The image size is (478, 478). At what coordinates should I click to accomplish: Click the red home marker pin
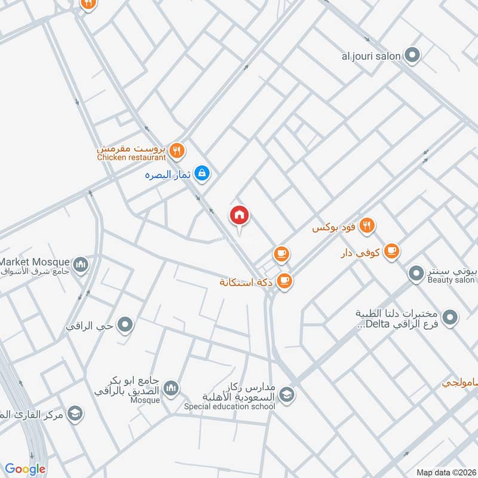240,216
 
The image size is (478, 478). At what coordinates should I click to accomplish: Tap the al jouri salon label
370,56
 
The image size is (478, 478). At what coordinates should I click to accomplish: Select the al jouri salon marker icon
412,56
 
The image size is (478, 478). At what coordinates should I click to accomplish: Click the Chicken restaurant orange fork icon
176,151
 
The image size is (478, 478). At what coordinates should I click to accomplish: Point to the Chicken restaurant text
131,158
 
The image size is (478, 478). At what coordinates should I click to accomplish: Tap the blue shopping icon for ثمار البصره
203,173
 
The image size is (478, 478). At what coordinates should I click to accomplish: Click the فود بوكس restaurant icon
367,226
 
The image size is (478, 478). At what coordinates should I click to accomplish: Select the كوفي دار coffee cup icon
391,251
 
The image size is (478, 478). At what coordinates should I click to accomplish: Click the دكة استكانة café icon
284,280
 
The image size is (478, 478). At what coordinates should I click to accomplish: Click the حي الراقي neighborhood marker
125,326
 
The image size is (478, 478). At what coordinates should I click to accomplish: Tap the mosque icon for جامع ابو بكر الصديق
171,389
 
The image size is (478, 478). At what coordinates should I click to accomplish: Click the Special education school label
229,407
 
